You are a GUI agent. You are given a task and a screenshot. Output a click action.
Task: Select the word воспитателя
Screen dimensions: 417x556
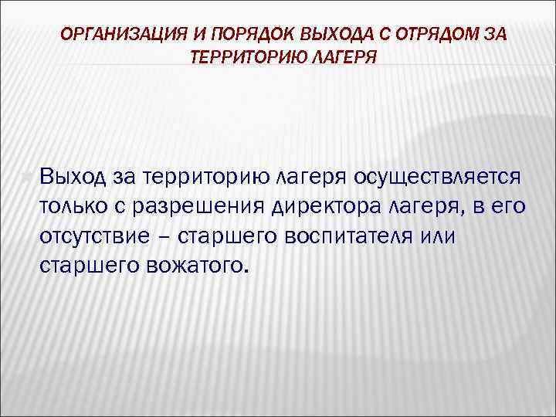click(x=353, y=236)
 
